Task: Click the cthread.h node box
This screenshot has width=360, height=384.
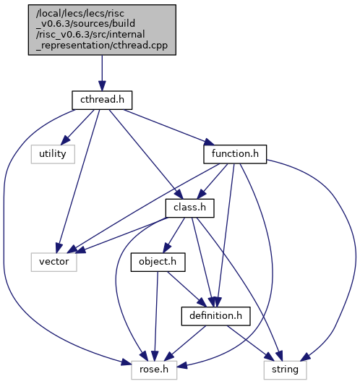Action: (102, 101)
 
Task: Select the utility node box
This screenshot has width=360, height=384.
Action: (53, 154)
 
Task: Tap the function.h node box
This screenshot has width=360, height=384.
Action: (235, 154)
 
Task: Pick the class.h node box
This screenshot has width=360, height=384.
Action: (190, 208)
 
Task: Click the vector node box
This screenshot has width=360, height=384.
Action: (53, 262)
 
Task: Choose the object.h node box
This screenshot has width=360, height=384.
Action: (158, 262)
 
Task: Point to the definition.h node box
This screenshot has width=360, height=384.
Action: (216, 316)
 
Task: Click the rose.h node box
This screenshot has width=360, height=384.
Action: (154, 370)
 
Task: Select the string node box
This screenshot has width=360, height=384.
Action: (285, 370)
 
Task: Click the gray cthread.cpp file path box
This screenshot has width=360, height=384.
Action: (102, 30)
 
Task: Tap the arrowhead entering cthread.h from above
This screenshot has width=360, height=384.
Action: (102, 86)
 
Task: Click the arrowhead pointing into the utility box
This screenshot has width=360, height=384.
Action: (65, 140)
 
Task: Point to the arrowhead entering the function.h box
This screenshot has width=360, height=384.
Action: (210, 142)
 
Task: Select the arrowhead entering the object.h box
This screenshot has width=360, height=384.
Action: (167, 248)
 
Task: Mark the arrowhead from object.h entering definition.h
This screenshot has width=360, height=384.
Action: (202, 302)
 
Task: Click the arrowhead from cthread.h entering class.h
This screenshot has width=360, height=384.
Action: (179, 194)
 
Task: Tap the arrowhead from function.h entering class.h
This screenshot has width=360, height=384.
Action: (201, 195)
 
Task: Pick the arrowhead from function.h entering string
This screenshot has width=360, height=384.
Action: (305, 357)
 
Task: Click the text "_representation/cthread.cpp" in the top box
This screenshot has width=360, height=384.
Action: (102, 46)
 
